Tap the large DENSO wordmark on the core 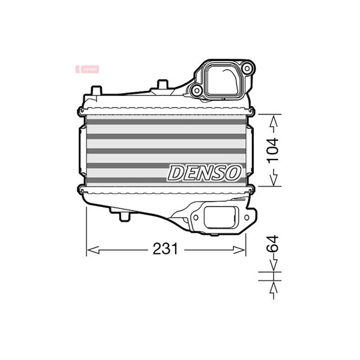pyautogui.click(x=205, y=173)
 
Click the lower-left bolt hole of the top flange pyautogui.click(x=196, y=91)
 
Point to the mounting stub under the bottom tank pyautogui.click(x=126, y=215)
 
